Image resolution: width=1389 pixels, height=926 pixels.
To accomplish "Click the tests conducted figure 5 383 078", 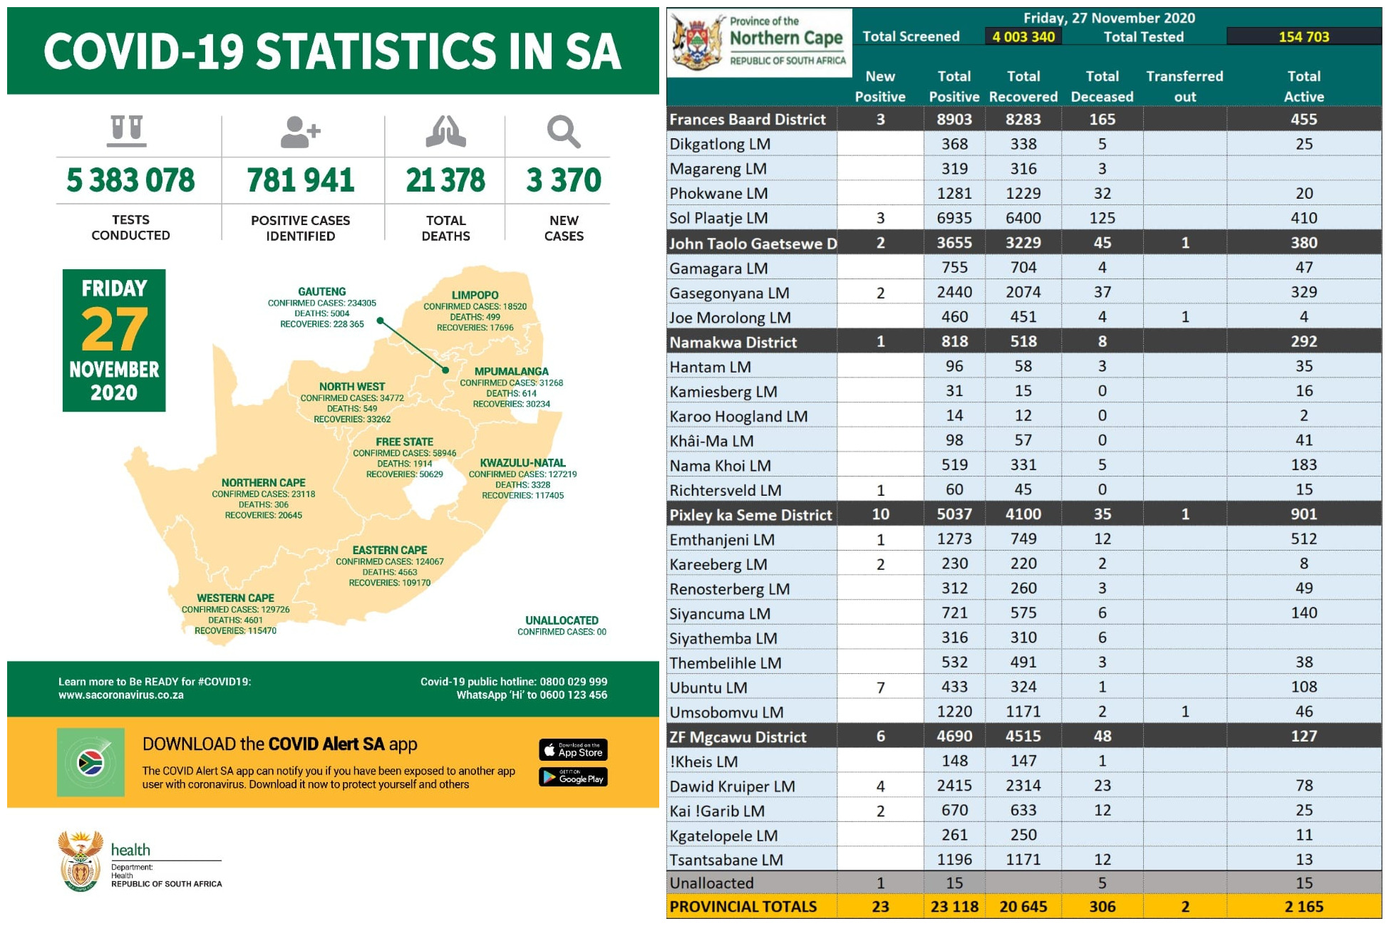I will [x=130, y=180].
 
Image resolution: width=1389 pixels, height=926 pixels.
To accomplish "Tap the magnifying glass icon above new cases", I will [x=563, y=132].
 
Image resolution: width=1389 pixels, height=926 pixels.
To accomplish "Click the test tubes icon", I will [x=127, y=131].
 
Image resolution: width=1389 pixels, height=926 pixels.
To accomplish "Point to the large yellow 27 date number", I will [x=114, y=329].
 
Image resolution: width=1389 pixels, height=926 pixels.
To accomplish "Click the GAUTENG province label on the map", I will [x=322, y=291].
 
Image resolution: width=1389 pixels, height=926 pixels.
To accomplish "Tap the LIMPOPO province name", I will [x=475, y=295].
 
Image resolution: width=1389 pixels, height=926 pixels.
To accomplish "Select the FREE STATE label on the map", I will [x=404, y=442].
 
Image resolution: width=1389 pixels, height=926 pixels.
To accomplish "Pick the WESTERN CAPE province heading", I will [x=235, y=598].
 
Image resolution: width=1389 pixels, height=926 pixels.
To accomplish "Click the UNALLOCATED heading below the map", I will [x=562, y=620].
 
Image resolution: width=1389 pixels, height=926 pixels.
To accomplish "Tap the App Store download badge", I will [x=573, y=750].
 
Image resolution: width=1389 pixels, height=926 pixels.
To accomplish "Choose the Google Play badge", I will [x=573, y=777].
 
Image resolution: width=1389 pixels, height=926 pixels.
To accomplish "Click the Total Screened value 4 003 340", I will [x=1023, y=36].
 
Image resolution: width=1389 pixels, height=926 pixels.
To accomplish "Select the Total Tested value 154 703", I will [x=1303, y=36].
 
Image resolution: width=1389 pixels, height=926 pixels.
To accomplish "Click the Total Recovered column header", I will [x=1023, y=86].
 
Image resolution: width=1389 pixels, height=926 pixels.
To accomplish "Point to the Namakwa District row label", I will [x=733, y=342].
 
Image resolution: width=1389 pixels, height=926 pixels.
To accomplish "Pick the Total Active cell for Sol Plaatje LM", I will [x=1303, y=218].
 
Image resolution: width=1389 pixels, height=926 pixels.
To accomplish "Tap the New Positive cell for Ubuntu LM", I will [x=880, y=687].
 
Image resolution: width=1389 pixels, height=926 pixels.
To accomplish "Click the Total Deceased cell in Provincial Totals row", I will [x=1102, y=907].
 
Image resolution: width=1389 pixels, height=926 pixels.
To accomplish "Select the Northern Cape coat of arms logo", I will [x=696, y=42].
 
